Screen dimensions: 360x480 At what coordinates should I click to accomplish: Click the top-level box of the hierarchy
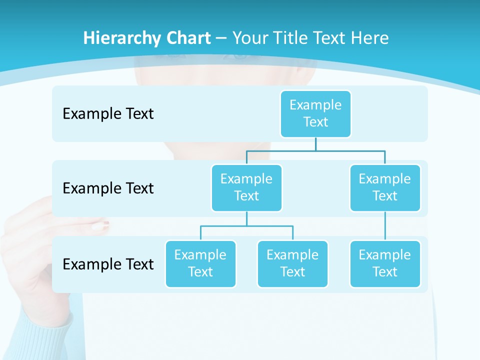pos(315,113)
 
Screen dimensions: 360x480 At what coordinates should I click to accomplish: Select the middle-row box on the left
pos(246,187)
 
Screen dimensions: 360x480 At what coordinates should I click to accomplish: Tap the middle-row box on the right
pos(385,187)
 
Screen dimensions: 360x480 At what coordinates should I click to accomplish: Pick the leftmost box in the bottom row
pos(200,263)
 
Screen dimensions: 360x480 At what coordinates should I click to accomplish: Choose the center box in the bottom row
pos(292,263)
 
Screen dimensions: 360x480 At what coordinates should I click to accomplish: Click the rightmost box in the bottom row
pos(385,263)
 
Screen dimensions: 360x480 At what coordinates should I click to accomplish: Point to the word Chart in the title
pos(185,38)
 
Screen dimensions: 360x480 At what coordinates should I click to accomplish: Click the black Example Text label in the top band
pos(108,113)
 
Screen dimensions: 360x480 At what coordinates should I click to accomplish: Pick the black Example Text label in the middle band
pos(108,188)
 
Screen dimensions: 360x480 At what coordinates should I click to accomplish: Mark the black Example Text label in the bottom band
pos(108,264)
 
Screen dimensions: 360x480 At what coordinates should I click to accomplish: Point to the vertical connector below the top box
pos(315,144)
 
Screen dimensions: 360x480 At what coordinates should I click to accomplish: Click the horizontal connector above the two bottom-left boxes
pos(246,226)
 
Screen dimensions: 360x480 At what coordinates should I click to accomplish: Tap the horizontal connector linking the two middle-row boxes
pos(315,150)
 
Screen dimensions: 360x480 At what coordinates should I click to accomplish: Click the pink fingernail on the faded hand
pos(100,225)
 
